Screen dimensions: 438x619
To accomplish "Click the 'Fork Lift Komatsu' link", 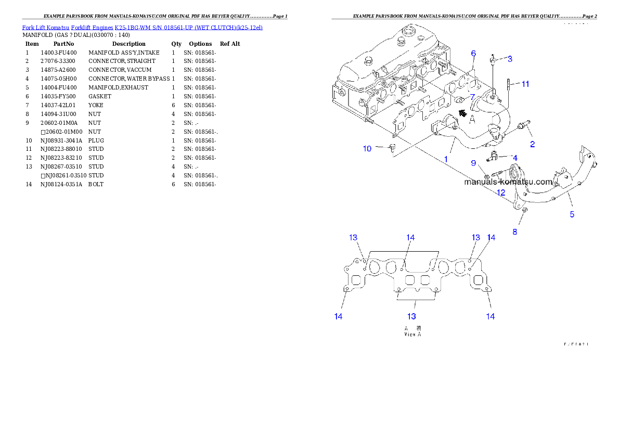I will pyautogui.click(x=45, y=27).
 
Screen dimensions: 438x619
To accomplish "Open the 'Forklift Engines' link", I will pyautogui.click(x=92, y=27).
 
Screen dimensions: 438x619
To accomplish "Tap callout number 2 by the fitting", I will pyautogui.click(x=532, y=144).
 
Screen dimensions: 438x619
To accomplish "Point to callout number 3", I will pyautogui.click(x=510, y=59).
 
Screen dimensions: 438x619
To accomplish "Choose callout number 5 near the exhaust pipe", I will pyautogui.click(x=572, y=214).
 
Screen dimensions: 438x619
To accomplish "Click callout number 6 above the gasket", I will pyautogui.click(x=473, y=53).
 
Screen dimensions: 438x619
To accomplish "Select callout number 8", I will pyautogui.click(x=514, y=232).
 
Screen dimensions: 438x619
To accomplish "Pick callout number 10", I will pyautogui.click(x=367, y=149).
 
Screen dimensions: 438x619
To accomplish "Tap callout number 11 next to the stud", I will pyautogui.click(x=525, y=84).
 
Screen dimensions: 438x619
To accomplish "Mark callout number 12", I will pyautogui.click(x=501, y=192).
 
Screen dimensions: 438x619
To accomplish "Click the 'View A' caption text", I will pyautogui.click(x=413, y=334).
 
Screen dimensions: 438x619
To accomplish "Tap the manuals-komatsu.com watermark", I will pyautogui.click(x=508, y=182).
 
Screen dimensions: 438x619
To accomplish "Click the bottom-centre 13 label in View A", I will pyautogui.click(x=411, y=316).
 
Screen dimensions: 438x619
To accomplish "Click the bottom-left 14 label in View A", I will pyautogui.click(x=338, y=316).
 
